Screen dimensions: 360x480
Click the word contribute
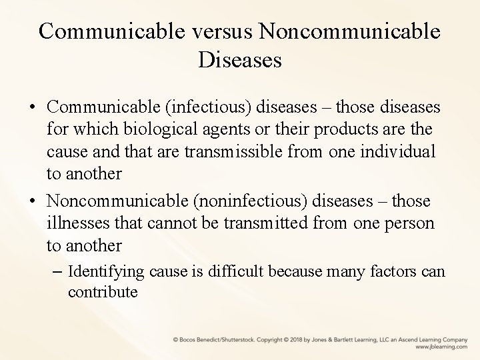pyautogui.click(x=102, y=291)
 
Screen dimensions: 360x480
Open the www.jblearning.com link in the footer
pyautogui.click(x=440, y=347)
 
